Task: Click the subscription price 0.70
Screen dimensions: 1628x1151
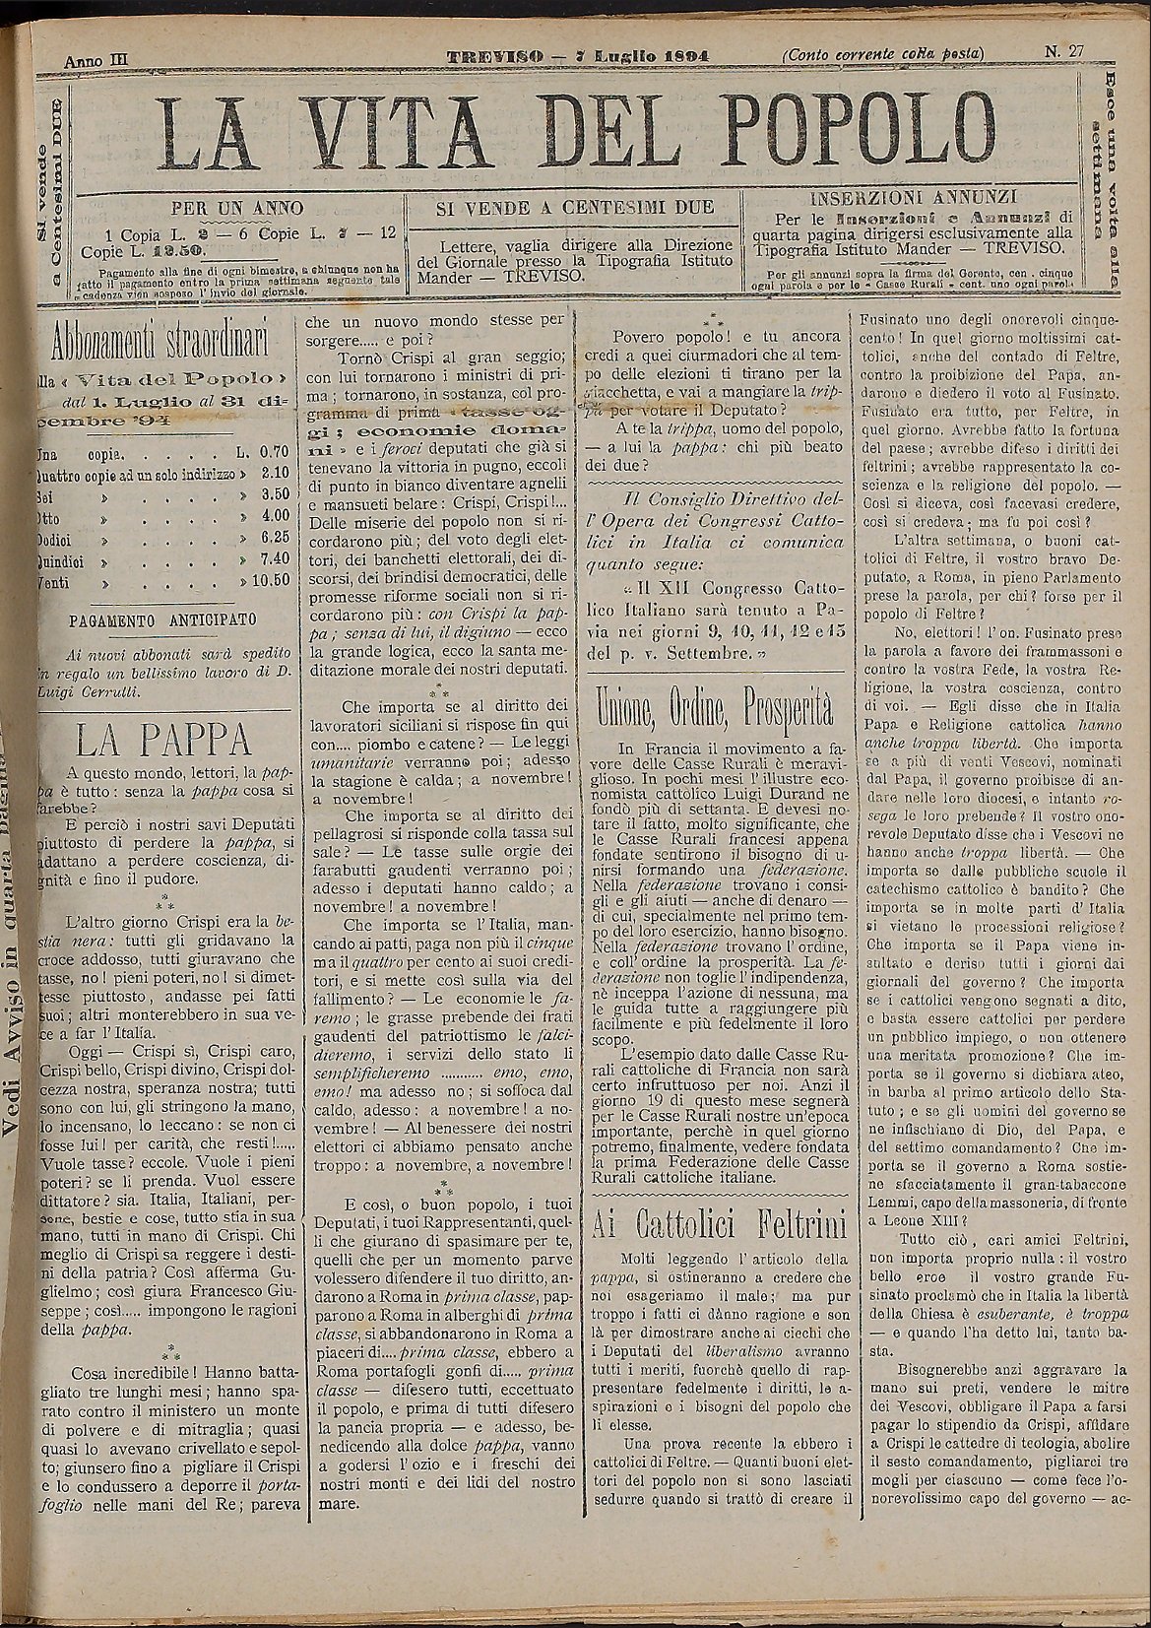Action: [273, 455]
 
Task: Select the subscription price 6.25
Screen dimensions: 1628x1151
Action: [273, 538]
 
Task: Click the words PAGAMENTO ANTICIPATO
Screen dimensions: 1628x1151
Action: [163, 619]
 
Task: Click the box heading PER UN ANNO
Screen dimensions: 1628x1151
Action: [237, 209]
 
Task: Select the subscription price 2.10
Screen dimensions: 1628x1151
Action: [273, 476]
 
